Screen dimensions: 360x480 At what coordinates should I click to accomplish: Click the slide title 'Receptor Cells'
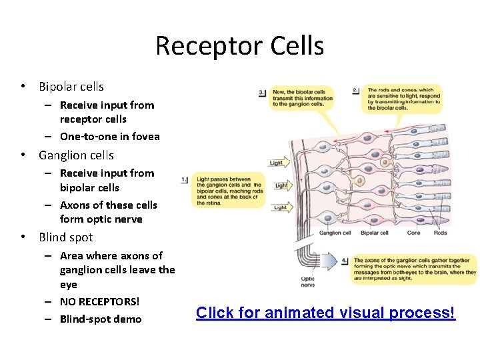[239, 46]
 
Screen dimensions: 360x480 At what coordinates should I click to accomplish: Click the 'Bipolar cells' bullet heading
[71, 87]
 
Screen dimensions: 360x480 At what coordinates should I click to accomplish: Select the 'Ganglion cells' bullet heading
[76, 155]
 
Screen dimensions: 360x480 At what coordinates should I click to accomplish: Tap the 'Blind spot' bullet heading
[65, 237]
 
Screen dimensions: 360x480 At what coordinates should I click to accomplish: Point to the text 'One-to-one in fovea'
[109, 137]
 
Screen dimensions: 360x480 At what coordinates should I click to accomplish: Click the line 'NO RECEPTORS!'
[99, 301]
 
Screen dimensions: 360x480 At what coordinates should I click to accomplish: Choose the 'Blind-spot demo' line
[101, 319]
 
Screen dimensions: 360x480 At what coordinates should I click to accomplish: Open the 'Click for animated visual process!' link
[325, 313]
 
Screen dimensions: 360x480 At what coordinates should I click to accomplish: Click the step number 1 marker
[185, 179]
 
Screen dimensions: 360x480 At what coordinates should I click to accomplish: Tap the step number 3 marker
[262, 93]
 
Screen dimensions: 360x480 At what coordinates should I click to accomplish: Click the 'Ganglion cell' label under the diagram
[335, 233]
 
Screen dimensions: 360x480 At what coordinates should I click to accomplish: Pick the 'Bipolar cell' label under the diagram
[374, 233]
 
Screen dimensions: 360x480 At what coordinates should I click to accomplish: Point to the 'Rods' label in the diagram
[441, 233]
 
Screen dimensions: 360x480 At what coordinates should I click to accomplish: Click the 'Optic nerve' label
[307, 282]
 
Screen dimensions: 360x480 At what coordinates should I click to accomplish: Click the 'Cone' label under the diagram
[414, 233]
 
